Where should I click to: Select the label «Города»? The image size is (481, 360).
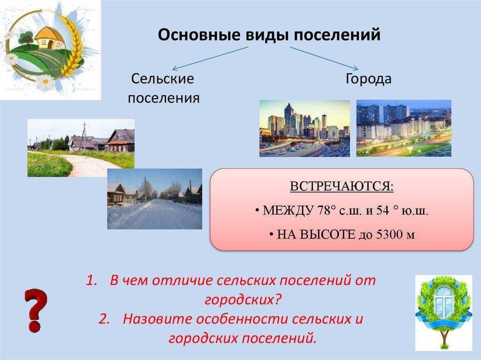368,79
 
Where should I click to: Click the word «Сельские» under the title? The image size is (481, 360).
163,78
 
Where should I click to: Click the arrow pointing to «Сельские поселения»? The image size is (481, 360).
210,59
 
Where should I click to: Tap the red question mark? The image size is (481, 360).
36,310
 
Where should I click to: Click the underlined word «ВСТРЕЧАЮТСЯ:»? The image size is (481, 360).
342,186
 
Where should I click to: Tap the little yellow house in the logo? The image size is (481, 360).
49,38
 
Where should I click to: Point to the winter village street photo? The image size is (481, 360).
155,199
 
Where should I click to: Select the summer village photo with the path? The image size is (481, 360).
81,148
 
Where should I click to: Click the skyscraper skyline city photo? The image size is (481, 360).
304,129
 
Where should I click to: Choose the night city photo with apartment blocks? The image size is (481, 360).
403,128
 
